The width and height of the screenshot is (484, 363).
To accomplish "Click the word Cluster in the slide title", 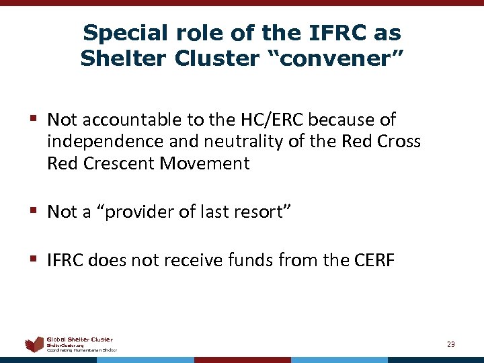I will pyautogui.click(x=216, y=58).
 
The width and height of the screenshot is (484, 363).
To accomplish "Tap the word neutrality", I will pyautogui.click(x=228, y=142).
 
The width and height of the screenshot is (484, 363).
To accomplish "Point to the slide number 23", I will pyautogui.click(x=450, y=344).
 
